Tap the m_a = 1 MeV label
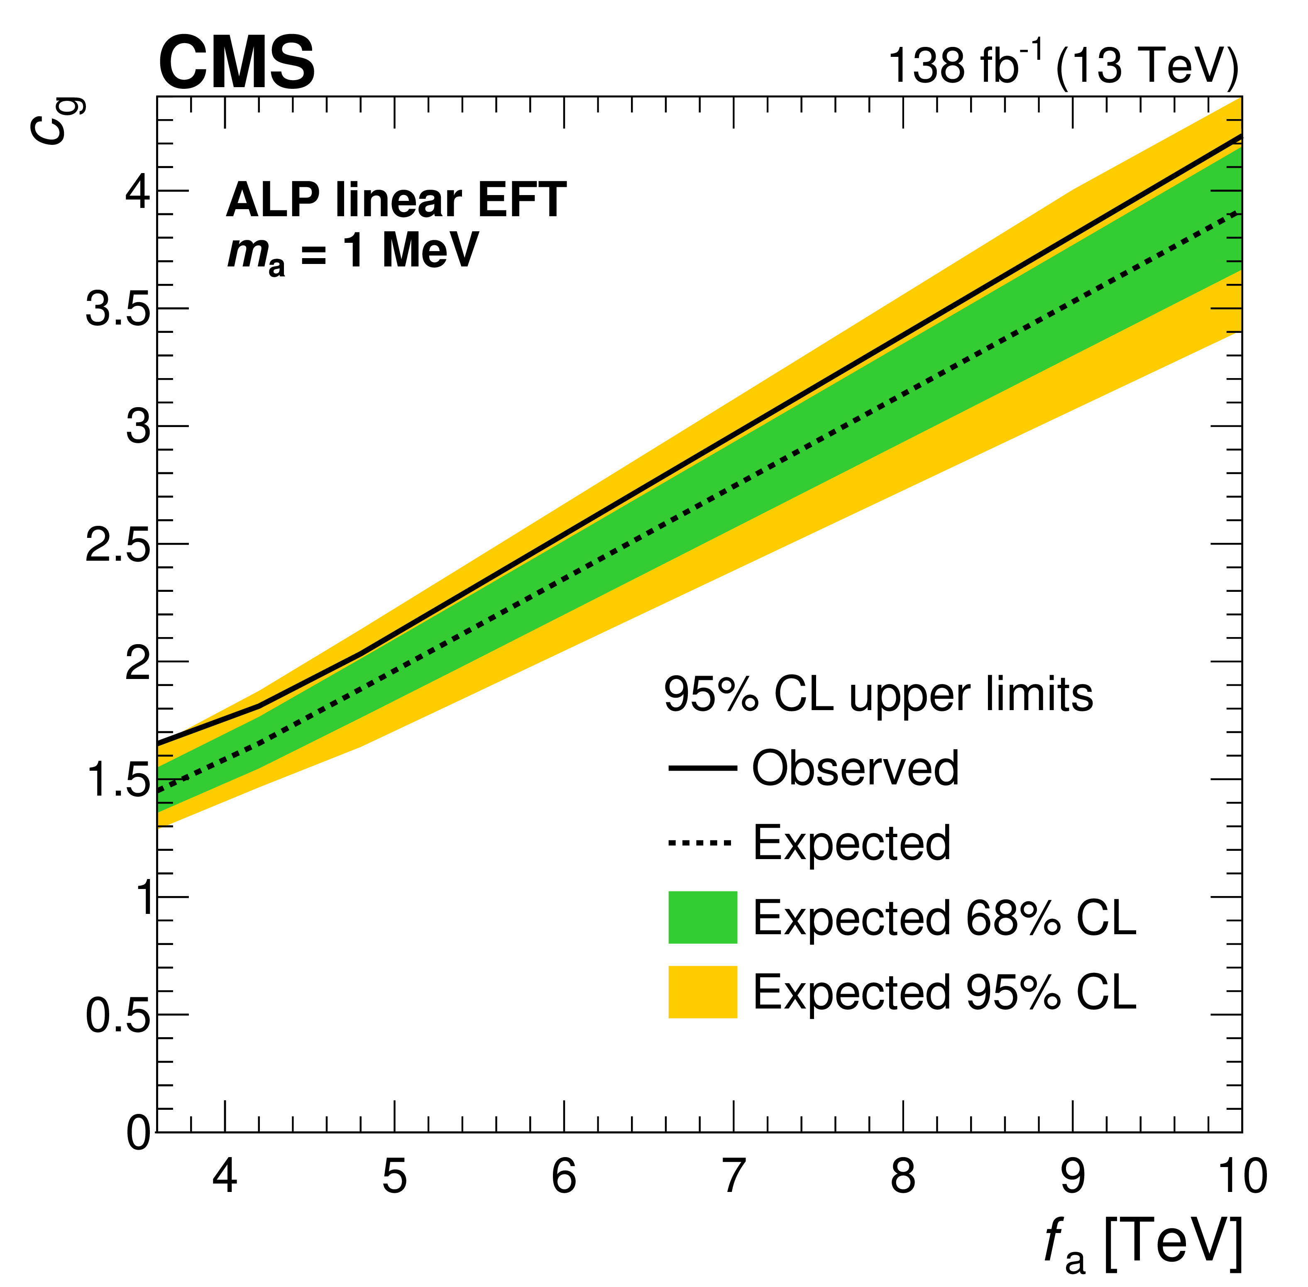click(352, 252)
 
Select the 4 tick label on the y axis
click(138, 192)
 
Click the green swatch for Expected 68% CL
click(702, 917)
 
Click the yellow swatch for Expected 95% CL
click(702, 992)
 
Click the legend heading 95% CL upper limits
click(878, 694)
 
